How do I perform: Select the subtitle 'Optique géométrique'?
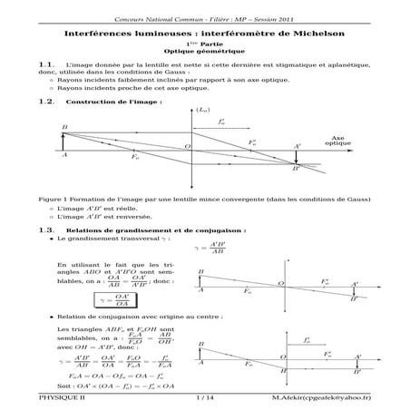204,52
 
